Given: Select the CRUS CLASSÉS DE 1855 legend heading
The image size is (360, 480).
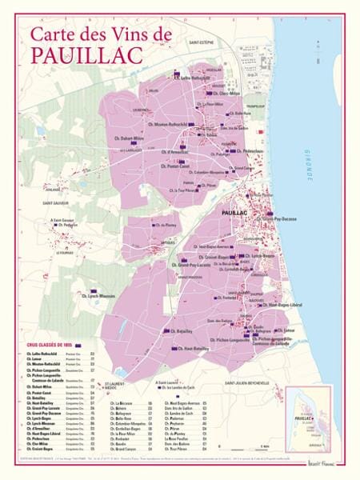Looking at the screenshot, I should [49, 345].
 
